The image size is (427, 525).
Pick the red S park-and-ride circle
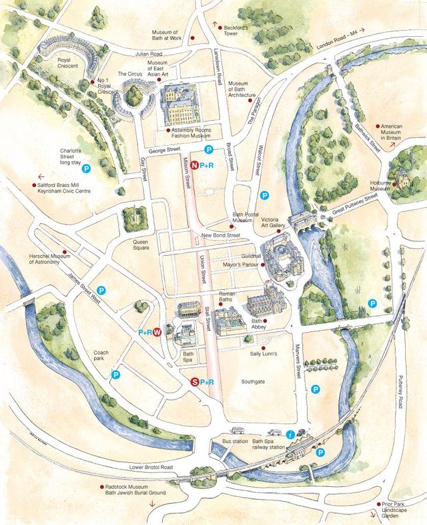tap(195, 381)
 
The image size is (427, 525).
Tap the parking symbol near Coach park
tap(115, 375)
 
